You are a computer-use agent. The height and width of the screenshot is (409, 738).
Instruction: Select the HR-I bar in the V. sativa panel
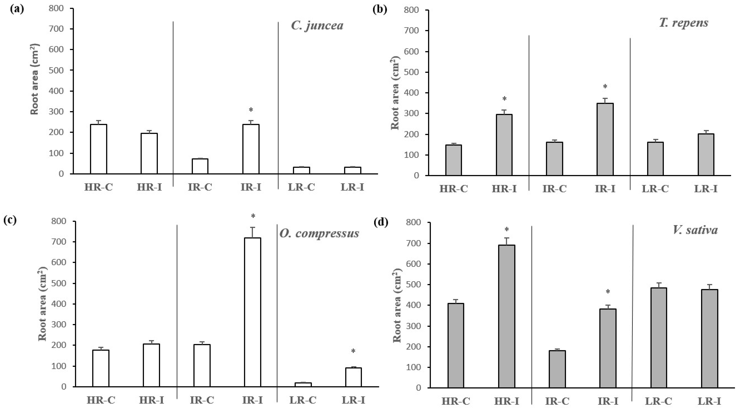tap(506, 316)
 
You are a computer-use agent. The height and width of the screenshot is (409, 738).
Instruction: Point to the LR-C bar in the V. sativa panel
tap(659, 338)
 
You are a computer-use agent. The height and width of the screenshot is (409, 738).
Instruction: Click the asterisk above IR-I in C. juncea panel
tap(251, 110)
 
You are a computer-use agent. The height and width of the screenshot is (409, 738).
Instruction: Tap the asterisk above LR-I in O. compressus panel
tap(353, 351)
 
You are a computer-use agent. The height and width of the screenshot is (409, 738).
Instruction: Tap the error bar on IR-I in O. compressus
tap(252, 232)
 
